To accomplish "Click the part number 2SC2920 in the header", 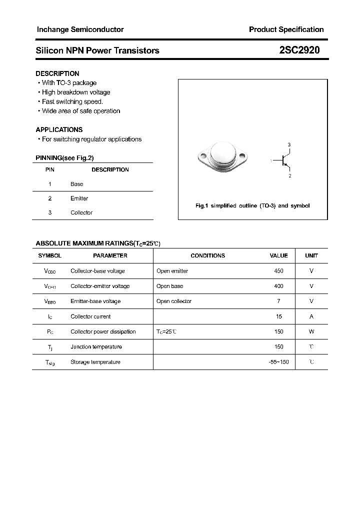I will (x=299, y=50).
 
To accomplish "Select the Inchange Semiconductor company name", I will (x=80, y=29).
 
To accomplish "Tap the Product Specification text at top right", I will (x=286, y=29).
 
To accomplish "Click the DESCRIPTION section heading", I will (x=57, y=73).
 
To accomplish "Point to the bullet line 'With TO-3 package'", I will (x=69, y=83).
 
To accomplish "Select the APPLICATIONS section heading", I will (x=59, y=129).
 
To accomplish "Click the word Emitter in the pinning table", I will (x=79, y=198).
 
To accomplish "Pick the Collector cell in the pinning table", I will (x=81, y=212).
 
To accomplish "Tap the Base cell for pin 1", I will (x=76, y=184).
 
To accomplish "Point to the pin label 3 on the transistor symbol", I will (x=289, y=144).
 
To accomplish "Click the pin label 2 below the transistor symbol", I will (x=289, y=176).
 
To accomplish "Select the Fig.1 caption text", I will (x=252, y=206).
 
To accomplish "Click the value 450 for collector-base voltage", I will (x=278, y=271).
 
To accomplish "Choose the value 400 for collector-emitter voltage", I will (x=278, y=286).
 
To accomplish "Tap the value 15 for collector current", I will (x=279, y=316).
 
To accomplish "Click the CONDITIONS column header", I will (x=207, y=255).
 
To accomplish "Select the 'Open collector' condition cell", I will (x=173, y=301).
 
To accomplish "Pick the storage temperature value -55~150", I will (x=278, y=362).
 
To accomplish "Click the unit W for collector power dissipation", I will (x=311, y=331).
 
